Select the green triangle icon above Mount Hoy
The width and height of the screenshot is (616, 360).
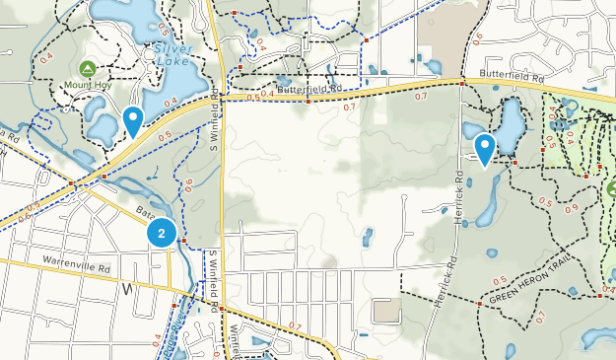click(x=87, y=69)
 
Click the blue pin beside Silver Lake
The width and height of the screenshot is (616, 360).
click(x=133, y=121)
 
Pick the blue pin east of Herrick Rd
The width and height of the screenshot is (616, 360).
click(x=484, y=149)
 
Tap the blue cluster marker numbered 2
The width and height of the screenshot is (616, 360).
click(x=161, y=234)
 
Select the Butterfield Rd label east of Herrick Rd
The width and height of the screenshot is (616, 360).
click(x=513, y=75)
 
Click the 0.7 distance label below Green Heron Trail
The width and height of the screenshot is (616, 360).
click(x=538, y=316)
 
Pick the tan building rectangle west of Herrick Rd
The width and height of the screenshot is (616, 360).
click(x=387, y=312)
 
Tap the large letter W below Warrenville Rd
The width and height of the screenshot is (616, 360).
click(x=127, y=289)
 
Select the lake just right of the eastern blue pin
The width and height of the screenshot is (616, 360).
click(x=512, y=123)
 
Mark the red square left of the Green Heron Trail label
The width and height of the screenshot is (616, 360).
click(x=479, y=304)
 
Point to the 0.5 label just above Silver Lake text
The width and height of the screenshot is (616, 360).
click(x=164, y=31)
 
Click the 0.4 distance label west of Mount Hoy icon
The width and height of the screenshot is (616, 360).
click(x=47, y=61)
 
